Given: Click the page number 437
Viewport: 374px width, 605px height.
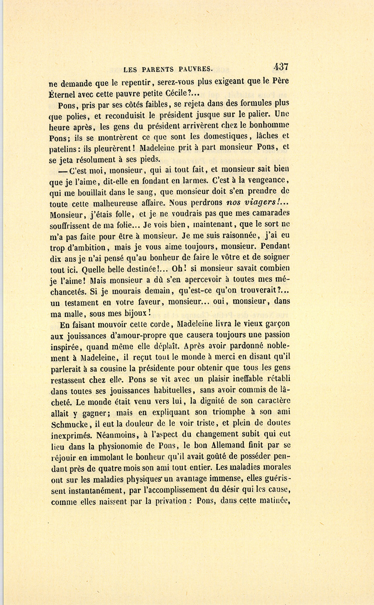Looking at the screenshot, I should (x=281, y=67).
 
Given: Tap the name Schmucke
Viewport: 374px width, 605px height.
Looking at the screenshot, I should (x=69, y=424).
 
